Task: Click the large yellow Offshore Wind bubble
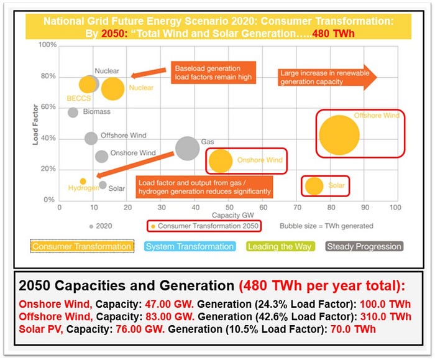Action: coord(339,135)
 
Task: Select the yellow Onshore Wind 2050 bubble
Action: coord(220,160)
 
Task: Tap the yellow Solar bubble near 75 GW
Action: coord(314,186)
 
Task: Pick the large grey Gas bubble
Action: coord(187,148)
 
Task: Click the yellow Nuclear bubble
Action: coord(112,89)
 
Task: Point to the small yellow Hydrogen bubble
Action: coord(83,182)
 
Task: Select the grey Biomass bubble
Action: coord(73,113)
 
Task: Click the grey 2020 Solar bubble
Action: coord(103,185)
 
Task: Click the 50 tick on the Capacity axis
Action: coord(229,208)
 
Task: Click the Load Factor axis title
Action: coord(37,124)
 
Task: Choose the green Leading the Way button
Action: coord(280,247)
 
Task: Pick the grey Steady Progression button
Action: coord(364,247)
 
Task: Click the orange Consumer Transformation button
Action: coord(82,247)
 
